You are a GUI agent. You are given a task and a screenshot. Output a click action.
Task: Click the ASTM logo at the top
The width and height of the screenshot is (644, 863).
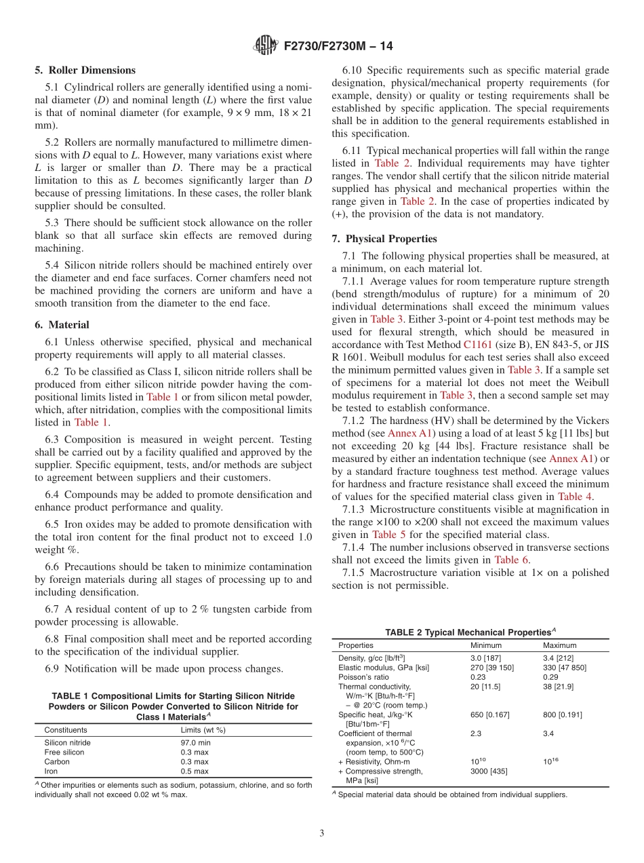265,46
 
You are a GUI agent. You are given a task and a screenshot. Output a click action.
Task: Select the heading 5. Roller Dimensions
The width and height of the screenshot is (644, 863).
85,70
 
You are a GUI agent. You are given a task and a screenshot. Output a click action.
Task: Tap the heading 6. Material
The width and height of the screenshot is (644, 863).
62,325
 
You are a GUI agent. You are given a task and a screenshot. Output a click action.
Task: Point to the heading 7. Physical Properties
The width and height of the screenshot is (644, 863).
384,239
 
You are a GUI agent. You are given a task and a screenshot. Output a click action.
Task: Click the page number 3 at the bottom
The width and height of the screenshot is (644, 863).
322,833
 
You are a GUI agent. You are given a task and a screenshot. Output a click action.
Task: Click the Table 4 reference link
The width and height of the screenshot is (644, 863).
576,497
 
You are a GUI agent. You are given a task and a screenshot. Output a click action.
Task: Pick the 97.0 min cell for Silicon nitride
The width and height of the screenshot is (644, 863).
195,742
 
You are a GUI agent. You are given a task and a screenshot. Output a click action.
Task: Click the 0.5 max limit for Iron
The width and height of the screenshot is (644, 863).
195,771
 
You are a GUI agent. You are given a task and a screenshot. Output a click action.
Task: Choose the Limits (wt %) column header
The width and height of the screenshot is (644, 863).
203,730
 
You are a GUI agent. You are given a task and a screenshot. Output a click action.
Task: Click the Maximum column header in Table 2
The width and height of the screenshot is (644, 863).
560,645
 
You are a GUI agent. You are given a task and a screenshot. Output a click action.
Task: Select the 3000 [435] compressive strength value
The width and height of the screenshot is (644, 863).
489,771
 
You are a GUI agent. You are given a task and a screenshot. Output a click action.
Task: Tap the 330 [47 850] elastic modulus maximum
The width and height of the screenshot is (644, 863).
565,668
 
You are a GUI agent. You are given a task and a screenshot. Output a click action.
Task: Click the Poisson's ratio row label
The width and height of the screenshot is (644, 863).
363,677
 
